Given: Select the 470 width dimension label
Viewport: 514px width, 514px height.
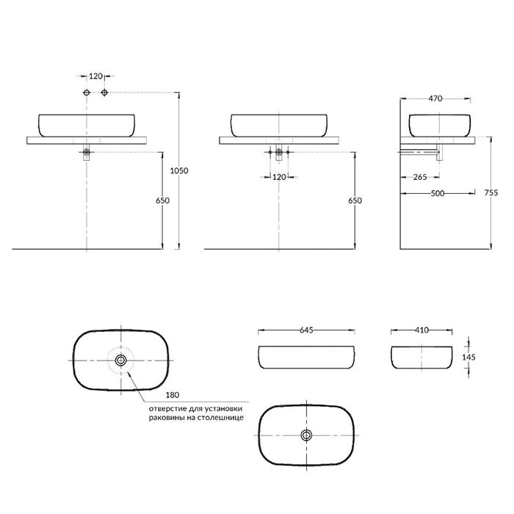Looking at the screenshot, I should tap(435, 98).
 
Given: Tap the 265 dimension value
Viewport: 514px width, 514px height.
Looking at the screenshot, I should tap(421, 176).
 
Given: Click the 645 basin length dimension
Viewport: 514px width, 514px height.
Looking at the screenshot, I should tap(306, 330).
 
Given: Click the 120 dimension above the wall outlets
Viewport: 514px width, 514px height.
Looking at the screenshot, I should tap(95, 76).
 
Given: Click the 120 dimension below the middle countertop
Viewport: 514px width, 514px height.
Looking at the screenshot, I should tap(279, 177).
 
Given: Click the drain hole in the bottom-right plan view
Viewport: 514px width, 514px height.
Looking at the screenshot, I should tap(306, 435).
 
